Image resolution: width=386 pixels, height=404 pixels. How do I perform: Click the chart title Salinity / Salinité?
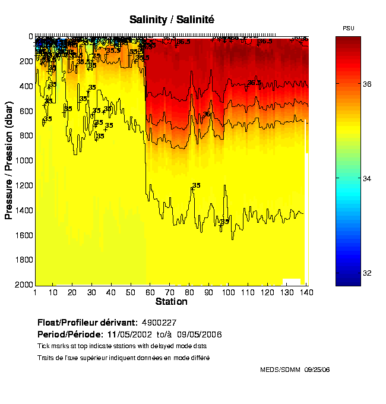(x=172, y=20)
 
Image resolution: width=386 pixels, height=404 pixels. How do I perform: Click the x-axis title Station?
(x=172, y=302)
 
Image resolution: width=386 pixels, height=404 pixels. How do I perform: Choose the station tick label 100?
(x=228, y=292)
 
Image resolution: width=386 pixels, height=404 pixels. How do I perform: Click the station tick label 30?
(x=91, y=292)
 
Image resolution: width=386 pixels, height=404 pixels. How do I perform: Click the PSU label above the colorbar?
(x=349, y=29)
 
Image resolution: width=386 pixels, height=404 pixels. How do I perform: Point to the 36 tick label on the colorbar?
(x=367, y=84)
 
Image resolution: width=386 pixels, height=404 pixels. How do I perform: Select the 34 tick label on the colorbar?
(x=367, y=178)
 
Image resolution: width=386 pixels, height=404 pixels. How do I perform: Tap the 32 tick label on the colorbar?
(x=367, y=273)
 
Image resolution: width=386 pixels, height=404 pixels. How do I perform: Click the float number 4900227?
(x=158, y=323)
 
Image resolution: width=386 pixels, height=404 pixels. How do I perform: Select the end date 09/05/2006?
(x=203, y=334)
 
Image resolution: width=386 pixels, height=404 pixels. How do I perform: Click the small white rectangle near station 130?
(x=291, y=282)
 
